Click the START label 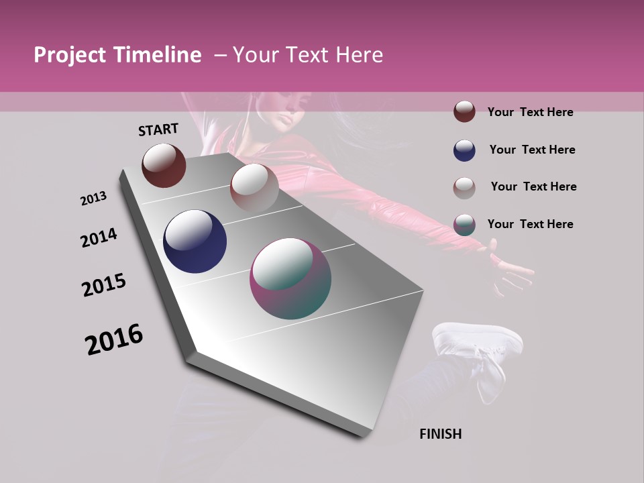158,129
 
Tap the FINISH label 440,434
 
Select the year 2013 94,199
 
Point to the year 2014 99,238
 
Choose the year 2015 104,286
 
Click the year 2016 114,339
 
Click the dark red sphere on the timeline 164,165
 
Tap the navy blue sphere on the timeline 195,241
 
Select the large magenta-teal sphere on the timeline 290,278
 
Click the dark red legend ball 464,111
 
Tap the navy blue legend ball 464,150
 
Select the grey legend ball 464,187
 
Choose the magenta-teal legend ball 464,225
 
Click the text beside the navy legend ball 532,150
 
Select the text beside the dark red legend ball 530,112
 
